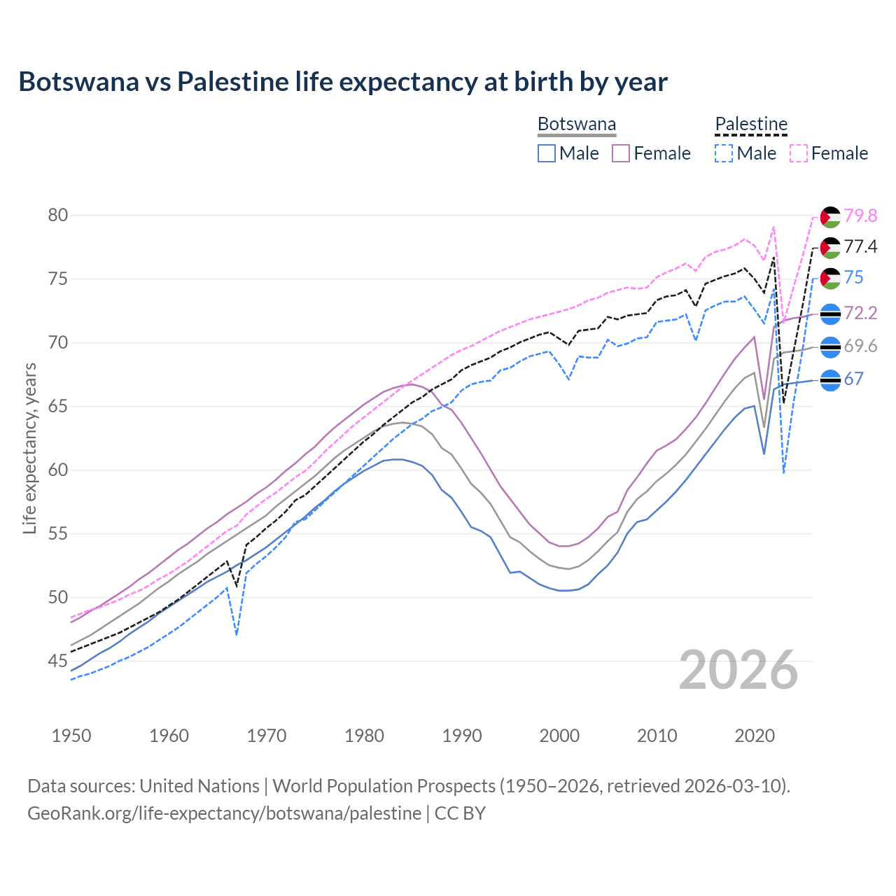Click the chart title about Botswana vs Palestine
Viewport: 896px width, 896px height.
point(343,82)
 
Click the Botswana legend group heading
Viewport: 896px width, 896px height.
point(577,125)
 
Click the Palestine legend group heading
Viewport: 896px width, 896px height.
point(751,125)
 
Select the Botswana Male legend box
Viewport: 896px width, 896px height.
point(547,153)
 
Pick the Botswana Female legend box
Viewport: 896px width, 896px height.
point(621,153)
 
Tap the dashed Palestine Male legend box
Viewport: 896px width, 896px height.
point(724,153)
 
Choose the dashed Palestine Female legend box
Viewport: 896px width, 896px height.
point(799,153)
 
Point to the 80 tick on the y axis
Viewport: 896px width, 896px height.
point(58,215)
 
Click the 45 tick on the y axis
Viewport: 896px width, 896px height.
point(58,661)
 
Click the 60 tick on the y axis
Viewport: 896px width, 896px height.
point(58,470)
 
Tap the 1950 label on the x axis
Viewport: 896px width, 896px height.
point(72,736)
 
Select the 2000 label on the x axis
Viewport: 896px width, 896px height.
point(560,736)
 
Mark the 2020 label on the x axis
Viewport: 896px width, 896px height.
point(755,736)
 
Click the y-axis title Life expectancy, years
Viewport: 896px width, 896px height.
point(30,448)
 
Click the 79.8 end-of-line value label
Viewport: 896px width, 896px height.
point(860,216)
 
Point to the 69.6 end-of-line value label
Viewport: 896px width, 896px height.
point(860,346)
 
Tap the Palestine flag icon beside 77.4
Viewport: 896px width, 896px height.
point(830,248)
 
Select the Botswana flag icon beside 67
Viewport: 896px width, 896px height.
point(830,380)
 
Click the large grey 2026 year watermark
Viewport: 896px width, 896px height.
point(738,670)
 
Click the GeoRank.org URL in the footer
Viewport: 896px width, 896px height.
point(224,813)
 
